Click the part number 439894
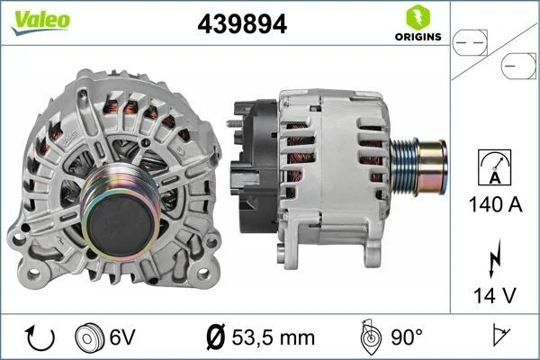point(242,25)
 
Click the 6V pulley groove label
point(121,337)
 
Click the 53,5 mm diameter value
point(274,337)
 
